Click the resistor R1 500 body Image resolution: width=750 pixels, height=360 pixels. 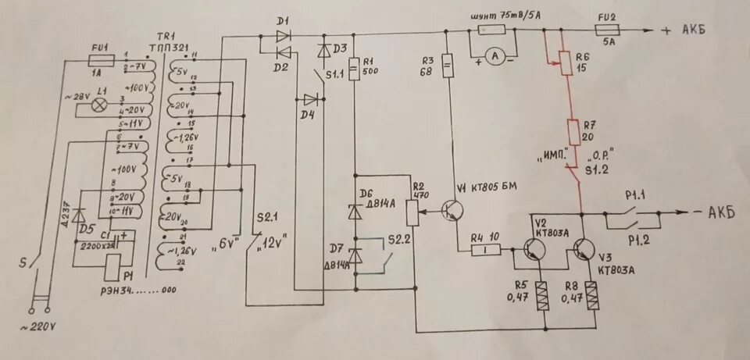(x=354, y=70)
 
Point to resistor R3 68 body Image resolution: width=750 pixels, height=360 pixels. (x=448, y=66)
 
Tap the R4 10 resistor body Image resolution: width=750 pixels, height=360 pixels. (x=485, y=250)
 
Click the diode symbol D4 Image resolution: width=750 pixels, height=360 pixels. (x=312, y=99)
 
